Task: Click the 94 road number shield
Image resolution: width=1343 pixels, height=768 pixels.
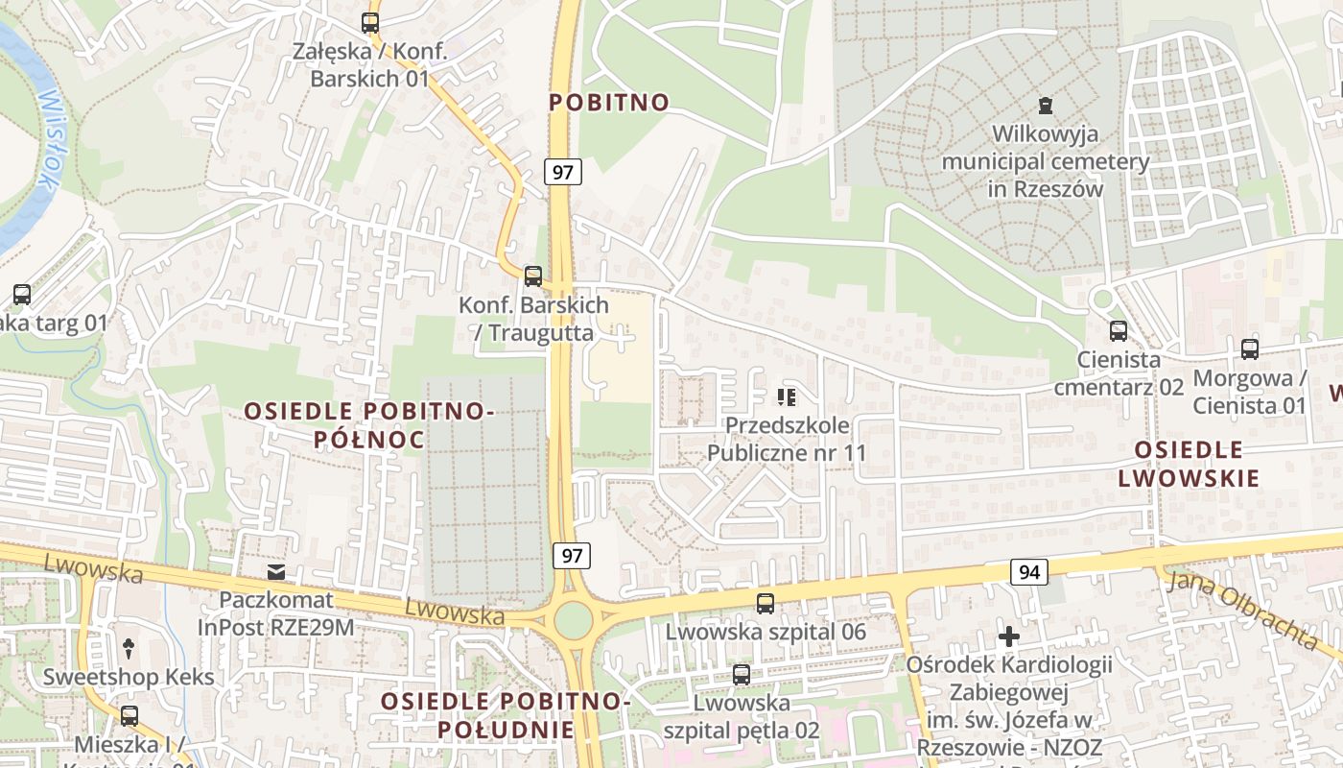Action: click(1029, 572)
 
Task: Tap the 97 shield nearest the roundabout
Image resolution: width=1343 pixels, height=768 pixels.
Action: click(572, 555)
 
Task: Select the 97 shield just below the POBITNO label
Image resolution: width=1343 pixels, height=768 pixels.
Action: click(563, 172)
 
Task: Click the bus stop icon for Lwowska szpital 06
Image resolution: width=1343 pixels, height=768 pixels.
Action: click(766, 604)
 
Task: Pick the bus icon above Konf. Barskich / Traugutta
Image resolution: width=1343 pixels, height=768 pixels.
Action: click(533, 276)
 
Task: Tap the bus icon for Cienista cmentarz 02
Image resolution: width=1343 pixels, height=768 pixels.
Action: click(1118, 331)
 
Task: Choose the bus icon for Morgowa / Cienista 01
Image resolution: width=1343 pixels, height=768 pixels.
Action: click(1249, 349)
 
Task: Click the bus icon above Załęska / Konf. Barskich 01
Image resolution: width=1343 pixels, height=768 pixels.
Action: click(370, 23)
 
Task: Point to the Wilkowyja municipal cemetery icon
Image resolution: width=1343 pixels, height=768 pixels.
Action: click(1046, 106)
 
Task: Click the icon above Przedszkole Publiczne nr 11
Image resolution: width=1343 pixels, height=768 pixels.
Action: click(788, 396)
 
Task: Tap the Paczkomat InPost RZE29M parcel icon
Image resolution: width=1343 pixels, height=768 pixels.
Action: click(276, 573)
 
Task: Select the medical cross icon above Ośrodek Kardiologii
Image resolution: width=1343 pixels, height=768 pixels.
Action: click(1008, 636)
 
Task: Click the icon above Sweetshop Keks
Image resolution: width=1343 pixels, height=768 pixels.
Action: click(129, 649)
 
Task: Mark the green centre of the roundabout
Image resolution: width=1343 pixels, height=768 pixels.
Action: click(573, 619)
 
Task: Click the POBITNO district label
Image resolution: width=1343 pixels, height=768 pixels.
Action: click(609, 103)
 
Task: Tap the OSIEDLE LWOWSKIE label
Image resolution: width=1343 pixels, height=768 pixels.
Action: click(1189, 464)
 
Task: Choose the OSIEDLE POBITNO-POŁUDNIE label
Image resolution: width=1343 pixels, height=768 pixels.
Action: click(506, 715)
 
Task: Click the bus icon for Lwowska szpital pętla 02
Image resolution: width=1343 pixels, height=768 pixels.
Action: click(742, 675)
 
